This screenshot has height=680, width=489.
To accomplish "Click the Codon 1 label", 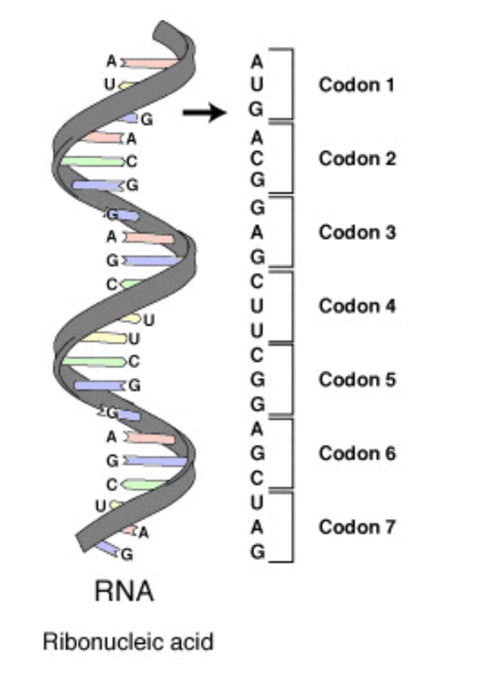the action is (356, 85).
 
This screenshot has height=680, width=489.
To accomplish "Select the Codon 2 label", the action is (358, 159).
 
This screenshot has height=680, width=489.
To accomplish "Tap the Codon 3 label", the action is (358, 232).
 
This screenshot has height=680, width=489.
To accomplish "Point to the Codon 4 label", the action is (358, 306).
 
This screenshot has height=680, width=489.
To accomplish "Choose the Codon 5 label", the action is (358, 380).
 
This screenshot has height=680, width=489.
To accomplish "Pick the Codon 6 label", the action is (358, 454).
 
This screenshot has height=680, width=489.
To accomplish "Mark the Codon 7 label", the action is (358, 527).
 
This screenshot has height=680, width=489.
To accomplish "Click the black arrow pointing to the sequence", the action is (204, 113).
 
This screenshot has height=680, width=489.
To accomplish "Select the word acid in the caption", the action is (192, 642).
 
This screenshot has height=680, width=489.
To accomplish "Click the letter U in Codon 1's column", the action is (256, 84).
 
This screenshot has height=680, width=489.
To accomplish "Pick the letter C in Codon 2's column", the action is (256, 159).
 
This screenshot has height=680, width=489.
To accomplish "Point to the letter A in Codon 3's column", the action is (256, 233).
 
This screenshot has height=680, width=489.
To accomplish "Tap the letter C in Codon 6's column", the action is (256, 478).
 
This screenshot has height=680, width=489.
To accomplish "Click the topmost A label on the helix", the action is (111, 62).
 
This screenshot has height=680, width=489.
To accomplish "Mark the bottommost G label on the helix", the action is (127, 554).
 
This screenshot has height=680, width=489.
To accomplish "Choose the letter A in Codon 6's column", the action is (256, 430).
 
